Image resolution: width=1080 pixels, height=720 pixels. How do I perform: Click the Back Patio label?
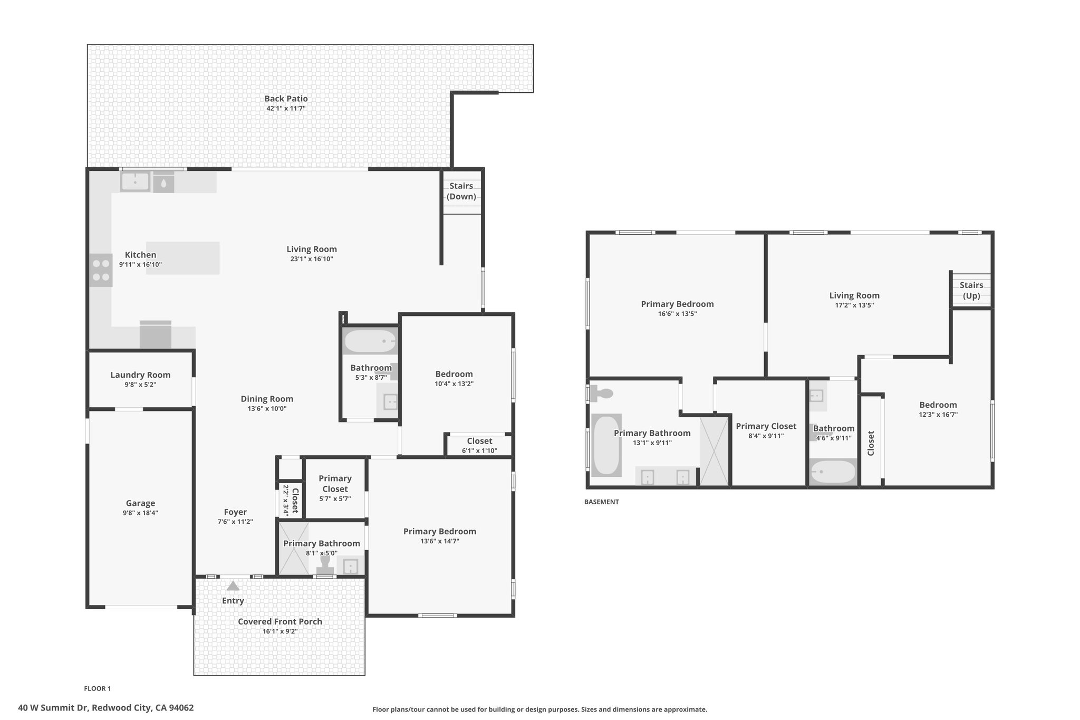point(286,99)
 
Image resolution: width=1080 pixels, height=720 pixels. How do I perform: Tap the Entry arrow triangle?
point(233,586)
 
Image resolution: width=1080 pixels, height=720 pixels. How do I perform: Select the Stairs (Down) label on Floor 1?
point(461,191)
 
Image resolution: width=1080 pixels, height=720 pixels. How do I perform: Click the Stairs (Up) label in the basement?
point(971,290)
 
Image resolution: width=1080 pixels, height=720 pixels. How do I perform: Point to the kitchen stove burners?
point(101,270)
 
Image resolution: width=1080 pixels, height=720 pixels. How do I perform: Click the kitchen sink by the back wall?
point(135,182)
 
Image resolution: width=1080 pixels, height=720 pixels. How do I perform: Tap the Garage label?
point(140,503)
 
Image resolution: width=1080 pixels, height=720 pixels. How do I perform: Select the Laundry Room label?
point(140,375)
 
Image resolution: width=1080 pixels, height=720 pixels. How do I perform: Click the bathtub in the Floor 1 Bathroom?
point(370,341)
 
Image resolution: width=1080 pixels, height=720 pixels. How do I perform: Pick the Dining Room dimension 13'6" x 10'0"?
point(267,408)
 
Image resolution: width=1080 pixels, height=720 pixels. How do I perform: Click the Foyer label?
point(235,512)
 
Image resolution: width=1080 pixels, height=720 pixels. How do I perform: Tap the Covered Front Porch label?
point(280,621)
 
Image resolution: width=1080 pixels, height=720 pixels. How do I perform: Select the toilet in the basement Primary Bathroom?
point(601,393)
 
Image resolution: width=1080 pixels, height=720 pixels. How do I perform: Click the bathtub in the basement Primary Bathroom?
point(606,445)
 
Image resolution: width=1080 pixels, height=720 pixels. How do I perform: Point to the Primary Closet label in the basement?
point(766,426)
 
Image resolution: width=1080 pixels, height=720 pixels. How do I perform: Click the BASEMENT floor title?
point(601,502)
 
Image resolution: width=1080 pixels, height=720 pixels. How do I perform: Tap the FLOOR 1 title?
point(98,688)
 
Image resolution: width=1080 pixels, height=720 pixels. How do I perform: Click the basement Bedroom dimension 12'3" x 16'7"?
point(938,415)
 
